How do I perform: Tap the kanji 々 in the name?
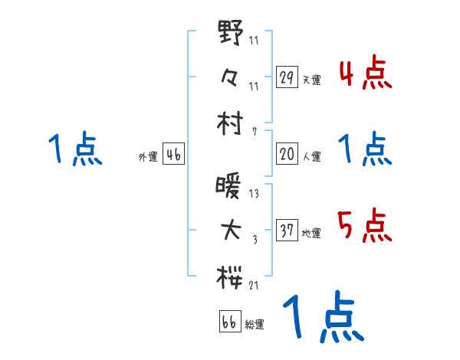point(230,77)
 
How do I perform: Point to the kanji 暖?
point(230,186)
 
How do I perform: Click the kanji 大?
point(230,231)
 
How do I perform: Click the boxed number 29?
point(286,77)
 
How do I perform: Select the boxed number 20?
point(286,154)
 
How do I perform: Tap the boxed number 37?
point(286,231)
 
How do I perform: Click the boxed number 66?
point(228,321)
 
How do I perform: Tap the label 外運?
point(148,157)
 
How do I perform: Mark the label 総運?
point(255,324)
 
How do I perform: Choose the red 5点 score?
point(365,226)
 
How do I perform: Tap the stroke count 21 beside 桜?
point(254,286)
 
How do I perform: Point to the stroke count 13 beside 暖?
point(254,195)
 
